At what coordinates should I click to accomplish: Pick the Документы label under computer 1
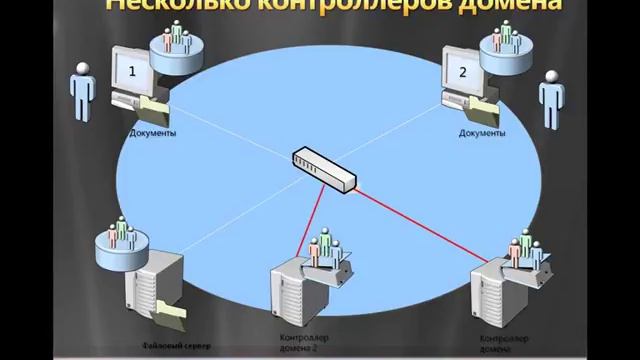[153, 132]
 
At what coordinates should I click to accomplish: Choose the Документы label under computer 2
[481, 132]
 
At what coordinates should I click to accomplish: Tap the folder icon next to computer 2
[487, 107]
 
